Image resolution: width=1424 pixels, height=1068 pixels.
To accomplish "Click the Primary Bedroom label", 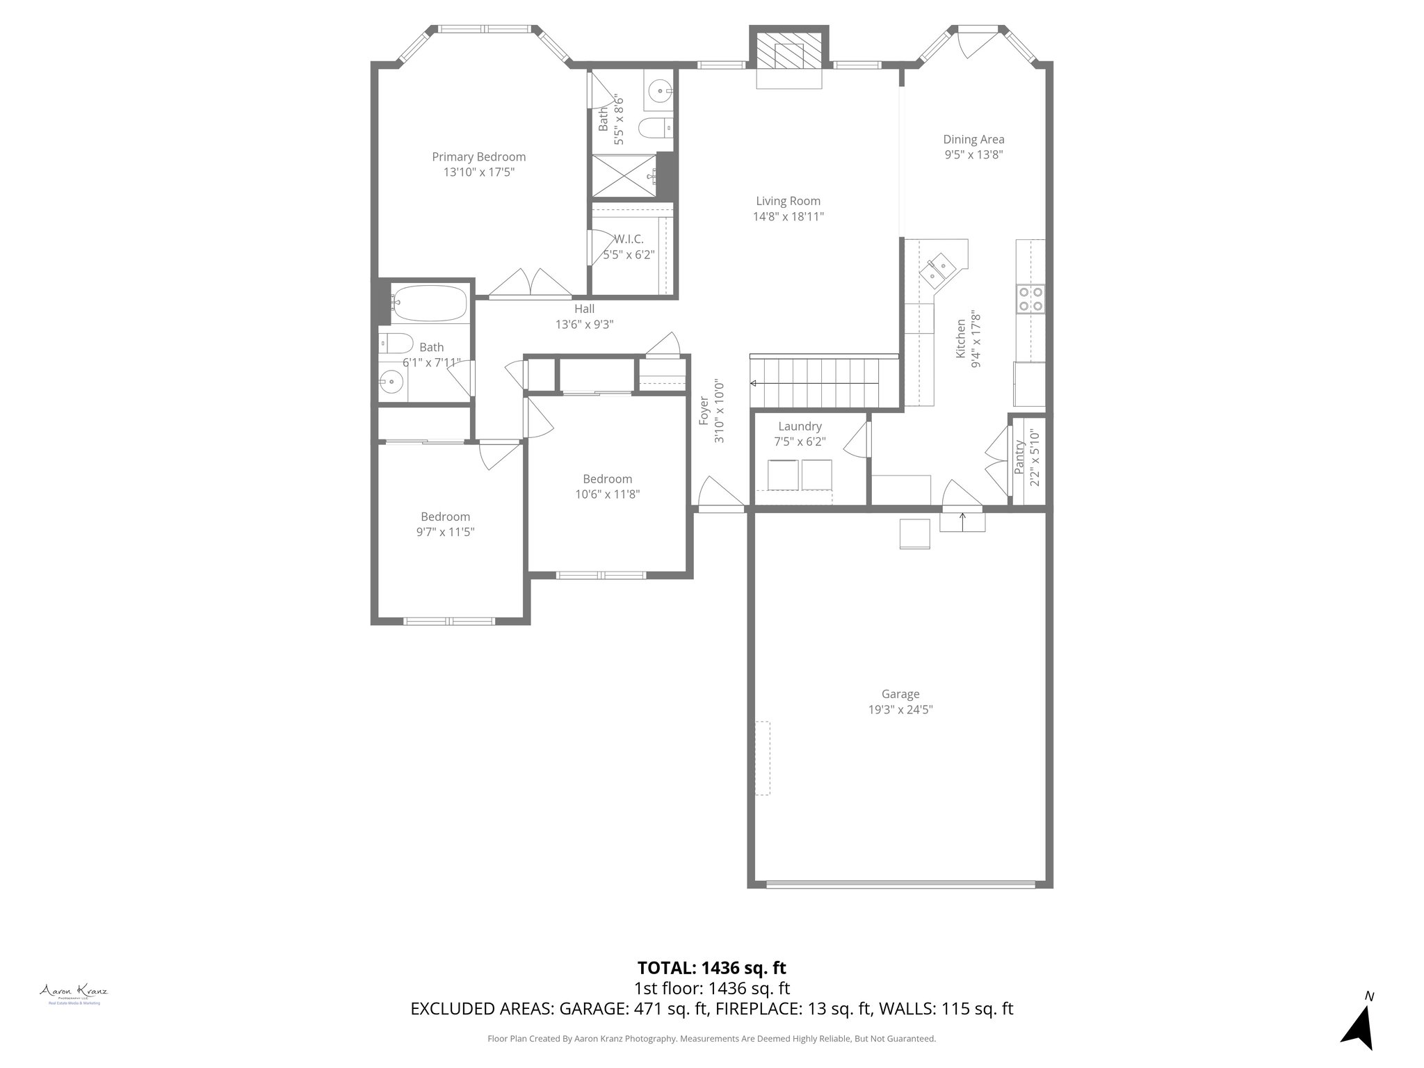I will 478,157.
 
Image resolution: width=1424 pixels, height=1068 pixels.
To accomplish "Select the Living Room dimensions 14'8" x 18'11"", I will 788,216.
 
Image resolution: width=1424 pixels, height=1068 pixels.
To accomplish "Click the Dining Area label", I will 973,140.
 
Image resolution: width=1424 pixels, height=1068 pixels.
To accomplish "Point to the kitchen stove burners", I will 1030,298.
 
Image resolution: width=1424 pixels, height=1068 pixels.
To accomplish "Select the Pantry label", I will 1020,457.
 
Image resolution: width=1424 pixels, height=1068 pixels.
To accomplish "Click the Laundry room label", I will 800,426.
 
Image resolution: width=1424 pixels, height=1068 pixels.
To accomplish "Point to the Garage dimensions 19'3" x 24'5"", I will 900,709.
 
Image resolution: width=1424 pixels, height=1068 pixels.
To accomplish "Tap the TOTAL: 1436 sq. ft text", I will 711,967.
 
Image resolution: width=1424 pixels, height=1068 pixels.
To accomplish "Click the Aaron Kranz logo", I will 73,991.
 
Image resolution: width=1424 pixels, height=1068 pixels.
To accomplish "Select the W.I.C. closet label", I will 629,239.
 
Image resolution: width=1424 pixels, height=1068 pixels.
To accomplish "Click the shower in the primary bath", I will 624,176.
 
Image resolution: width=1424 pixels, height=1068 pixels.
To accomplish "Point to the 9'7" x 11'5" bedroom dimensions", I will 445,532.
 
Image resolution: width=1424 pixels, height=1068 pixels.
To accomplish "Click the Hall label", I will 584,309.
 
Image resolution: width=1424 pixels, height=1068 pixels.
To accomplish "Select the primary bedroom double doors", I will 530,284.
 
